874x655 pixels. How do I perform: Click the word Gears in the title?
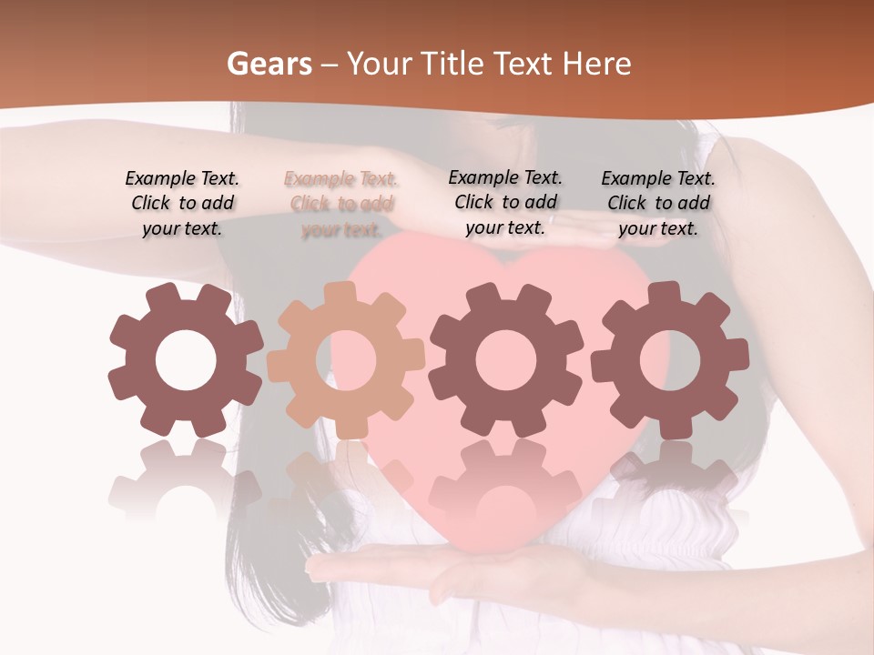(267, 65)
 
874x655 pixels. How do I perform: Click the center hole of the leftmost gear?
(186, 360)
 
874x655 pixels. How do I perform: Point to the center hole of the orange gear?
(346, 360)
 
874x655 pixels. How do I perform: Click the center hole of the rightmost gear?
(669, 360)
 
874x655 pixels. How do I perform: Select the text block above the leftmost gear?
(182, 203)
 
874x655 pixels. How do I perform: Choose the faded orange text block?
(340, 204)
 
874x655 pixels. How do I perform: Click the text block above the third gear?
(505, 202)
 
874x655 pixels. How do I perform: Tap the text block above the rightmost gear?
(658, 203)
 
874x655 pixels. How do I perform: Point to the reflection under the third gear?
(504, 478)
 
